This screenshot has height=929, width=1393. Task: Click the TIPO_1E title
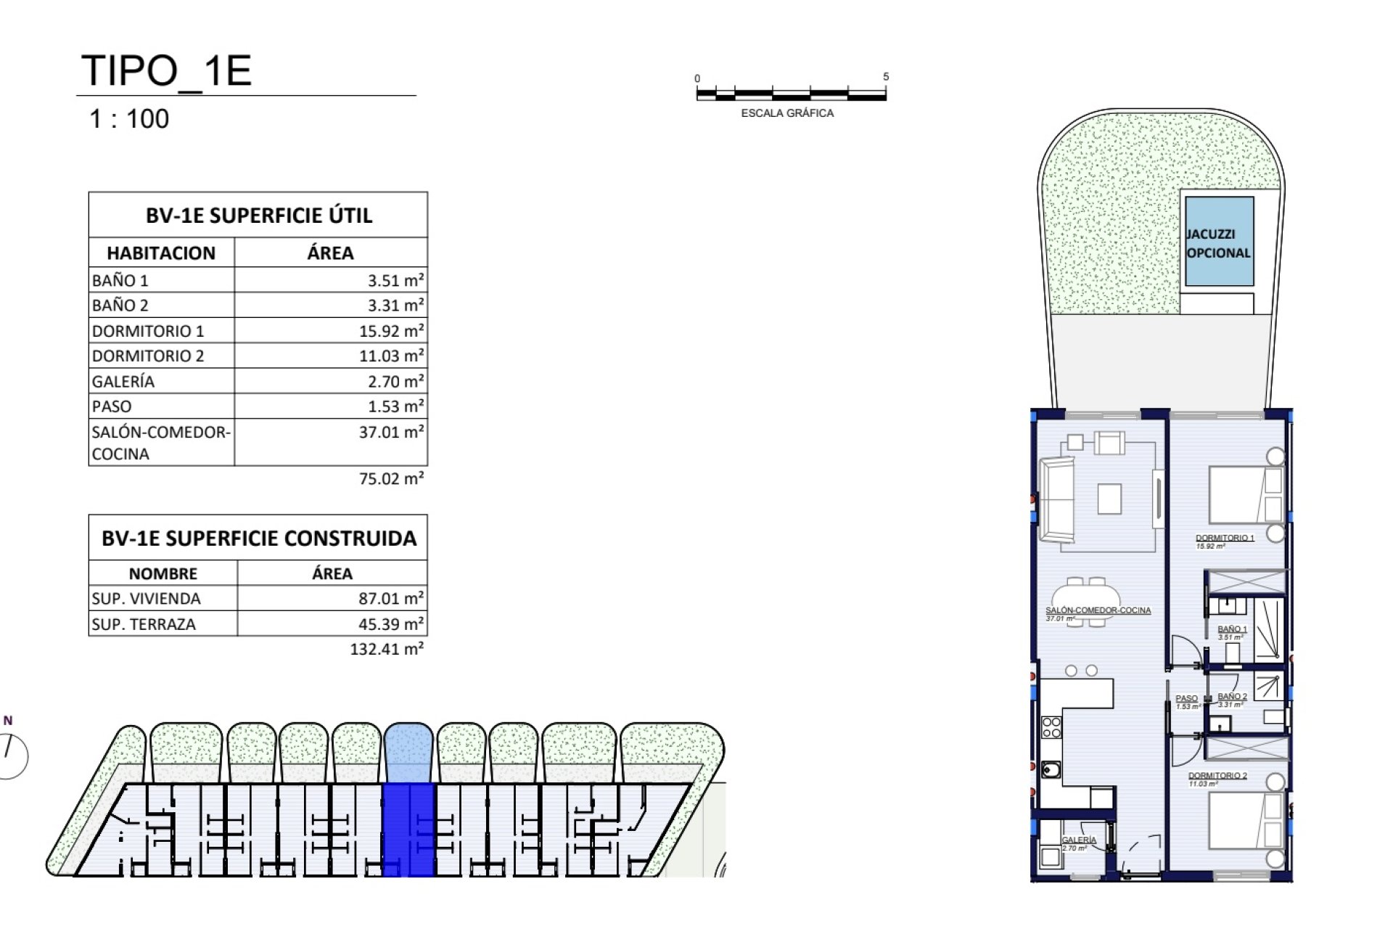tap(166, 71)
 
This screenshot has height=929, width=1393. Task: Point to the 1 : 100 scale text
tap(129, 119)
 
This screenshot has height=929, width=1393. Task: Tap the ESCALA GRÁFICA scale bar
tap(791, 94)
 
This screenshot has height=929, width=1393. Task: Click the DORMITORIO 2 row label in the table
tap(148, 356)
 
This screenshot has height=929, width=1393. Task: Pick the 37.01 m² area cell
tap(391, 433)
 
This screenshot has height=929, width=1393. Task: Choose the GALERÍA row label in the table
tap(123, 382)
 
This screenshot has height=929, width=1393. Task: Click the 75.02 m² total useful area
tap(391, 479)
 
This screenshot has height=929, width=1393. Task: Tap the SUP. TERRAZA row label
tap(144, 624)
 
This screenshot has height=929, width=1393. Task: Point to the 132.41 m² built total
tap(387, 649)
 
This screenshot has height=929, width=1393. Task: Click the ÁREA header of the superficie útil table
tap(330, 253)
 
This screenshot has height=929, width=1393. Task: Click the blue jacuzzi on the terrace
tap(1219, 242)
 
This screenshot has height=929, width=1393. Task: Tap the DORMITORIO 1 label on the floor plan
tap(1225, 538)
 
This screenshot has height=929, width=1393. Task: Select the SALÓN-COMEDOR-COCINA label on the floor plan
tap(1098, 610)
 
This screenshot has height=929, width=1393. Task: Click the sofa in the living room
tap(1056, 501)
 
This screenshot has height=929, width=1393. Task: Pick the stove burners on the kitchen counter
tap(1051, 727)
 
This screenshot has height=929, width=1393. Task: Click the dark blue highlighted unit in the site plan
tap(408, 830)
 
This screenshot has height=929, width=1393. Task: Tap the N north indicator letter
tap(8, 721)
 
